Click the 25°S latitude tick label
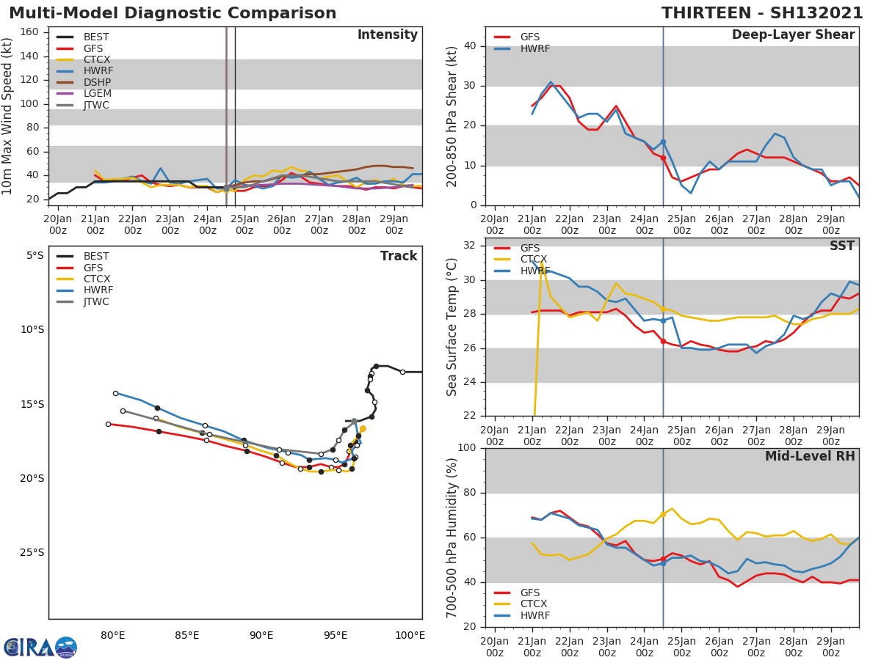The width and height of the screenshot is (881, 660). [x=32, y=552]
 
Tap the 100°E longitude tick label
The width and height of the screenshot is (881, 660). [x=410, y=635]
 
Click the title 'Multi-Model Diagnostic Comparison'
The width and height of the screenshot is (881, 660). [x=173, y=13]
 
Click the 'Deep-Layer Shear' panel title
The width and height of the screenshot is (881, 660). [x=793, y=35]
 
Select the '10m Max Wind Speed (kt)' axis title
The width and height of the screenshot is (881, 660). [x=8, y=116]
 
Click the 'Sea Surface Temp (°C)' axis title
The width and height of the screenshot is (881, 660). [x=453, y=327]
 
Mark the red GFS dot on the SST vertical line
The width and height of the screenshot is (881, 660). [x=663, y=341]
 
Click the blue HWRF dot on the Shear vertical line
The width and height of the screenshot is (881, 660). [x=663, y=142]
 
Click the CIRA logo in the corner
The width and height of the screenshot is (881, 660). [x=40, y=647]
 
